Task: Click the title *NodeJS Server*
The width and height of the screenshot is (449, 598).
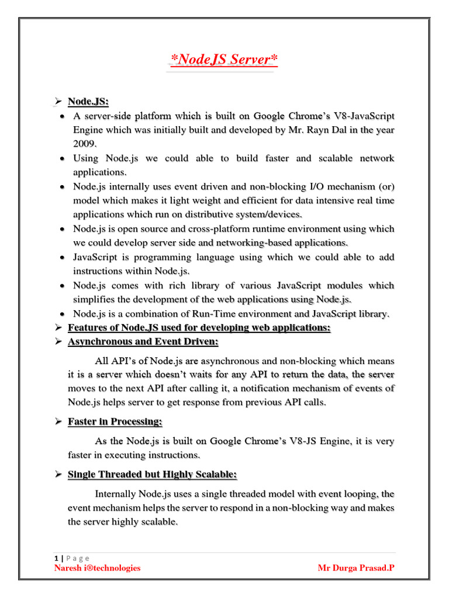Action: [x=223, y=59]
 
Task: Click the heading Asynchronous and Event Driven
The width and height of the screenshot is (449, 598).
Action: [x=143, y=342]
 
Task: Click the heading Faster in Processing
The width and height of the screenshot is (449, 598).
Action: [x=115, y=422]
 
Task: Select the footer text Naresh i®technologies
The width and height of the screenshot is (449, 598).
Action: [x=97, y=568]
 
